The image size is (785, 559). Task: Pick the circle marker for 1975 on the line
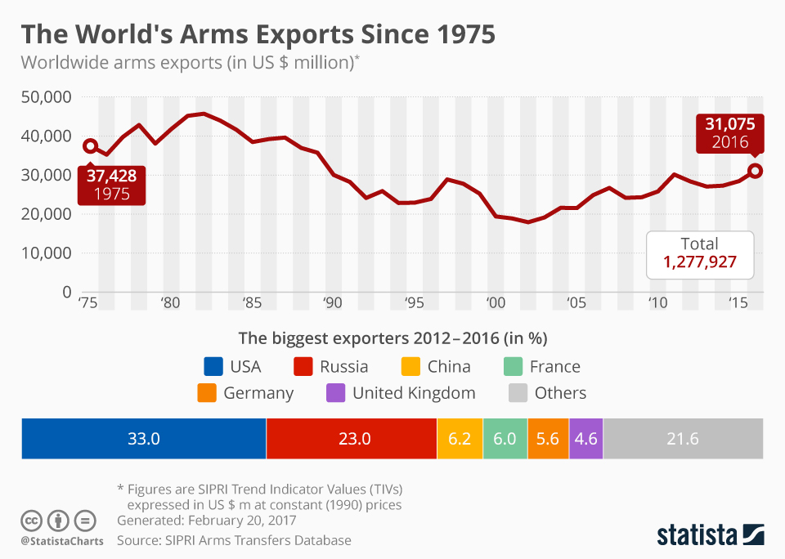[90, 146]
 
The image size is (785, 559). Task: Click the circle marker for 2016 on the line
[756, 171]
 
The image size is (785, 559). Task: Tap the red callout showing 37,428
[111, 185]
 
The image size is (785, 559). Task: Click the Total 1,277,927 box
[699, 254]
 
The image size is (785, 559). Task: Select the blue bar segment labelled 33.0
[143, 438]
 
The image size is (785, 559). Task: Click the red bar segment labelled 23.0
[352, 438]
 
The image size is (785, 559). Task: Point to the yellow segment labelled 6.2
[460, 438]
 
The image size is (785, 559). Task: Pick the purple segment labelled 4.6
[585, 438]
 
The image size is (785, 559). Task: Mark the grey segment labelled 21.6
[683, 438]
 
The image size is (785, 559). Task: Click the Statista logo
[710, 535]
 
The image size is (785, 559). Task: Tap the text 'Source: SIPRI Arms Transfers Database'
[234, 540]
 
